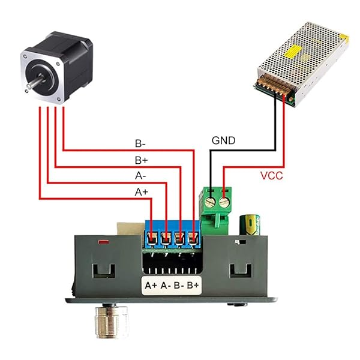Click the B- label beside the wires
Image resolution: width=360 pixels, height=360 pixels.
140,144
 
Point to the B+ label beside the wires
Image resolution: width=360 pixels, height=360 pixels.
140,160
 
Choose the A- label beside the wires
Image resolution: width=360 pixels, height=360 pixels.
140,176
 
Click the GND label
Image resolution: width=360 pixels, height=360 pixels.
223,141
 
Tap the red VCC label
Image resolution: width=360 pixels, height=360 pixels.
271,176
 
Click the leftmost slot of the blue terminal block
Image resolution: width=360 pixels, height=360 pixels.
152,238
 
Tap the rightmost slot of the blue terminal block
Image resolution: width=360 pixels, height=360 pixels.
193,238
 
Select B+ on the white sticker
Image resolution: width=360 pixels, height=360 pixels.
193,285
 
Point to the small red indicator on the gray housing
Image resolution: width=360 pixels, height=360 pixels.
103,242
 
